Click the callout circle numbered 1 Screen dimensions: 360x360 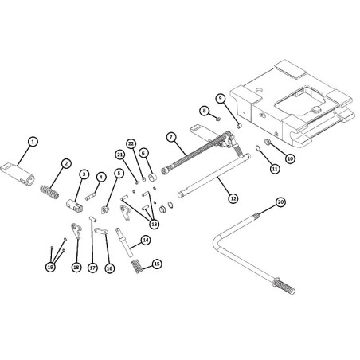(x=33, y=142)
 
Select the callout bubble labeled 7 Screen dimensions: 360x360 (x=171, y=137)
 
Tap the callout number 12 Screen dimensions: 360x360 (x=233, y=198)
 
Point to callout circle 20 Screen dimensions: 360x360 (x=280, y=202)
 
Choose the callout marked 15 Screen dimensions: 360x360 (x=157, y=264)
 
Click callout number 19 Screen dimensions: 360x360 (x=50, y=268)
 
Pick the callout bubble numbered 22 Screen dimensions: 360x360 (x=131, y=144)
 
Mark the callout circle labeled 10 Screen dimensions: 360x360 (x=290, y=158)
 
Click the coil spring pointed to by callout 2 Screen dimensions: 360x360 (x=49, y=192)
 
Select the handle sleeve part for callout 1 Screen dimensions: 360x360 (x=18, y=174)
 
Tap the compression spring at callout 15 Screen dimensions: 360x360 (x=137, y=266)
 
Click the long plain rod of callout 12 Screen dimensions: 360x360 (x=214, y=175)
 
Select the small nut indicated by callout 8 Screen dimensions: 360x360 (x=218, y=119)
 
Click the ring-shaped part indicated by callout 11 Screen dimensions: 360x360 (x=258, y=147)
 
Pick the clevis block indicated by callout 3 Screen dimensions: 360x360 (x=74, y=205)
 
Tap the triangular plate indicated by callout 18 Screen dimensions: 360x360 (x=76, y=231)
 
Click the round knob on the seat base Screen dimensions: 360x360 (x=316, y=109)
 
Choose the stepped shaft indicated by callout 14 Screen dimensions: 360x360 (x=124, y=242)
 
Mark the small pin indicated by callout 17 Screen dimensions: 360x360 (x=92, y=219)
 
